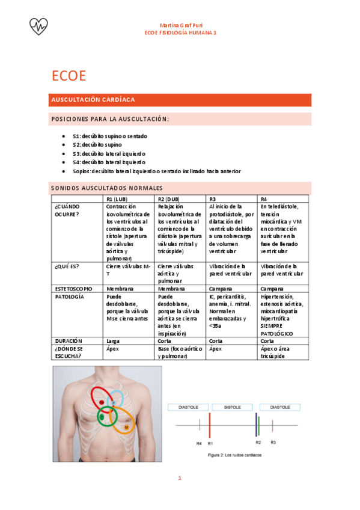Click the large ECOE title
coord(69,76)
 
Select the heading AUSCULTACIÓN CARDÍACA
coord(93,99)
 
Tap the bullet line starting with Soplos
coord(156,171)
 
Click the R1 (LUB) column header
coord(117,199)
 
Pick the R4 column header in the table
coord(264,199)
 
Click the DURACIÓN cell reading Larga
coord(113,341)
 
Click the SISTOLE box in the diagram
coord(233,407)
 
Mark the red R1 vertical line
coord(209,425)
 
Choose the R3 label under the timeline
coord(273,443)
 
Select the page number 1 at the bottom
coord(179,479)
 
